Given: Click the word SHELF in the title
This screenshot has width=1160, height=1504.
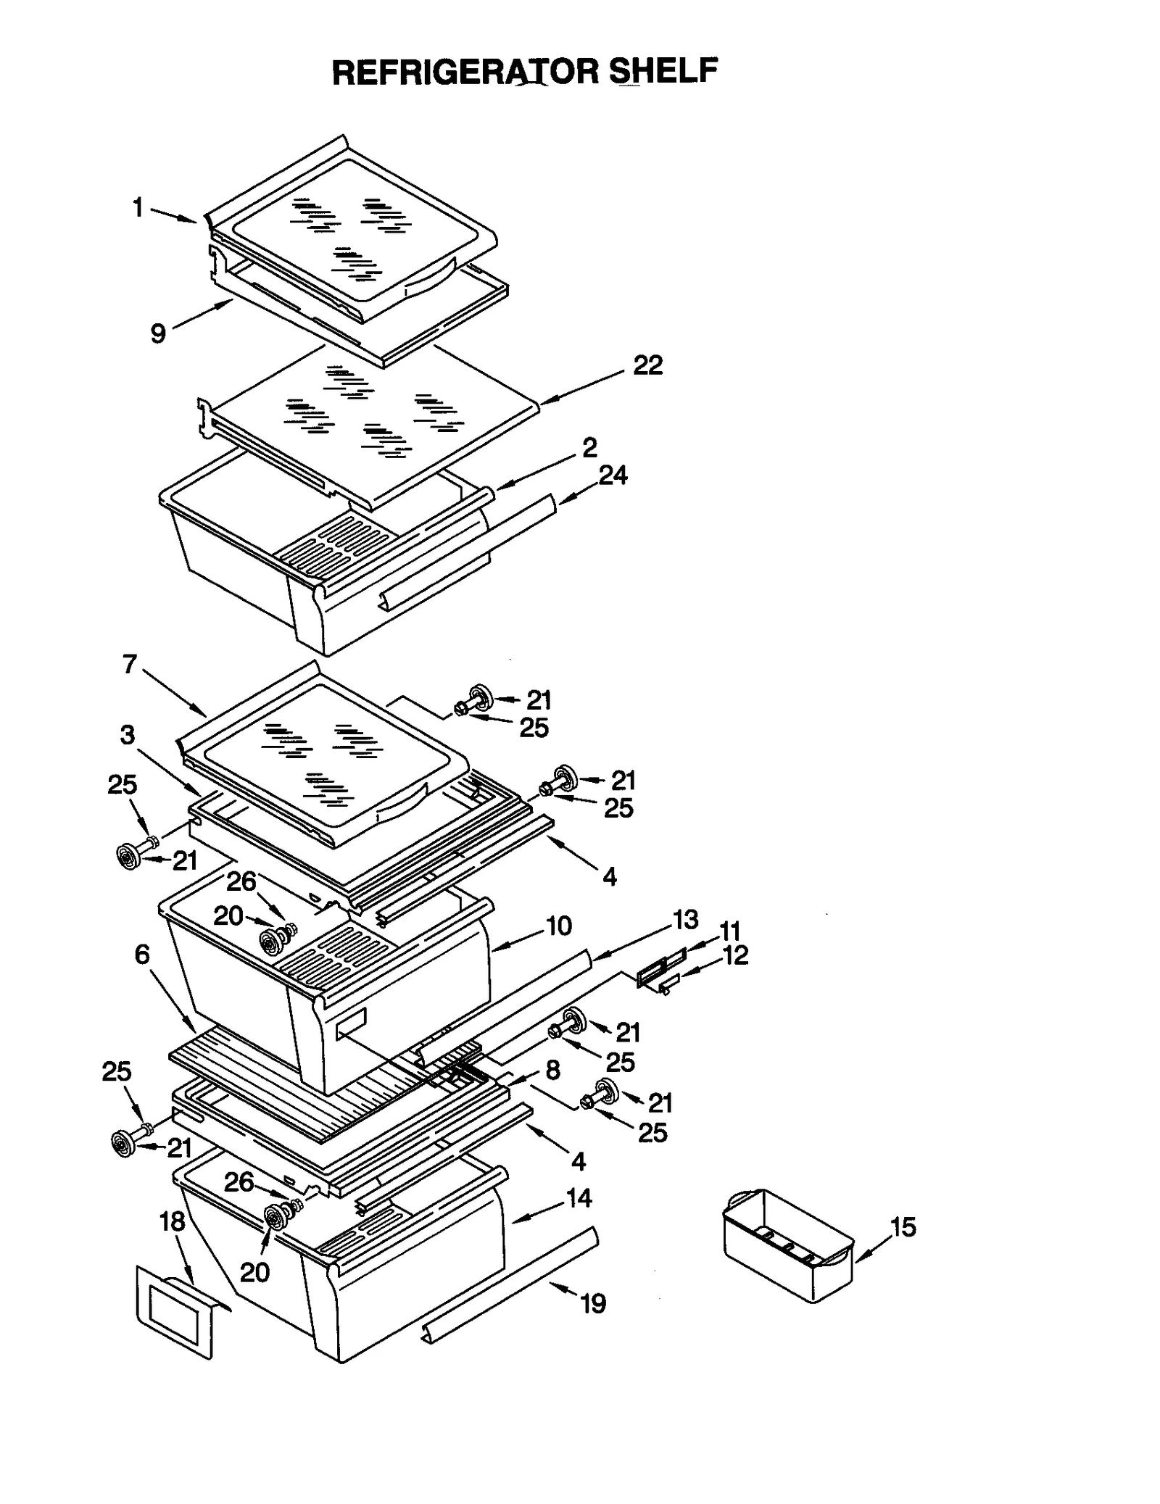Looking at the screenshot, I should click(x=663, y=72).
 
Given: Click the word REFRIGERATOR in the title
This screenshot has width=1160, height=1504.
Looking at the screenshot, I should click(x=465, y=72).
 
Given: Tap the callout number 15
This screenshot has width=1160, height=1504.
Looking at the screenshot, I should click(x=903, y=1227).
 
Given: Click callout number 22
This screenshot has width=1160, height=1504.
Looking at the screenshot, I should click(x=647, y=365).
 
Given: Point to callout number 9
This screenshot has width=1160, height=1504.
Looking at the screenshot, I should click(x=158, y=334).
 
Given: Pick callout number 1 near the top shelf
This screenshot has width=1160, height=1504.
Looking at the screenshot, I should click(x=138, y=208).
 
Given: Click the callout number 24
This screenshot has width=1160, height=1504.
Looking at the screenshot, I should click(x=613, y=475).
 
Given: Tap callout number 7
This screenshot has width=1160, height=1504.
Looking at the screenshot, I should click(x=130, y=664).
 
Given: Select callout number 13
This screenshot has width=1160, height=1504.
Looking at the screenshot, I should click(x=685, y=919).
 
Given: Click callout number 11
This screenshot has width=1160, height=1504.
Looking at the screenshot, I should click(x=729, y=931).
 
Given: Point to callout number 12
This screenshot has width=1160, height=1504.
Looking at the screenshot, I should click(x=735, y=955).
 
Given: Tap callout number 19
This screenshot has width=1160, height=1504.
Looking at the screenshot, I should click(x=593, y=1304).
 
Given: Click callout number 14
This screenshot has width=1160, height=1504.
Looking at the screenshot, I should click(x=579, y=1198).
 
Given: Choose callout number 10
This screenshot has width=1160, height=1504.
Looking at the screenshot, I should click(x=559, y=926).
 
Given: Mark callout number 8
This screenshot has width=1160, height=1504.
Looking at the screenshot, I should click(x=552, y=1070).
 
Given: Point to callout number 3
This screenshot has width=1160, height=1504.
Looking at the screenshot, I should click(x=128, y=735).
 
